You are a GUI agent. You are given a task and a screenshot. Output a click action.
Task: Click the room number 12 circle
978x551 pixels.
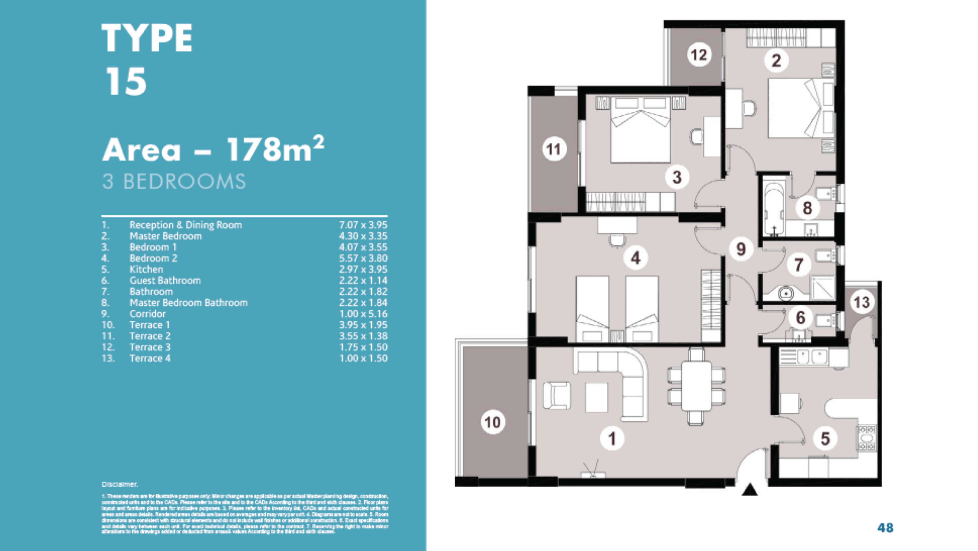coord(699,55)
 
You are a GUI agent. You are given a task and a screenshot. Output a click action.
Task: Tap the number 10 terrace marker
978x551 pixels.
coord(493,422)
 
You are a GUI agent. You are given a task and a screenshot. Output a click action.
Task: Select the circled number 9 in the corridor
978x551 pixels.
coord(741,249)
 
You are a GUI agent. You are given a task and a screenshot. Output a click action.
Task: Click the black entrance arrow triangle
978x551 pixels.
coord(749,490)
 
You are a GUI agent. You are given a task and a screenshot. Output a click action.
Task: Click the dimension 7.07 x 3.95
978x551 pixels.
coord(363,225)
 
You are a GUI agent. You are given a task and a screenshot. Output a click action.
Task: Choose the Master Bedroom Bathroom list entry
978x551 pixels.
coord(188,303)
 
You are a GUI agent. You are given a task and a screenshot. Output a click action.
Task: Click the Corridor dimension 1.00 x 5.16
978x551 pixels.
coord(363,314)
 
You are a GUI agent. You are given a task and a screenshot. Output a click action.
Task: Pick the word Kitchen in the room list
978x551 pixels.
coord(146,269)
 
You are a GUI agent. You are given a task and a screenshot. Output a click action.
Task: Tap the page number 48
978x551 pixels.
coord(885,528)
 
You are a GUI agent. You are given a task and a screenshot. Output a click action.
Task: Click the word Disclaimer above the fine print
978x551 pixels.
coord(120,484)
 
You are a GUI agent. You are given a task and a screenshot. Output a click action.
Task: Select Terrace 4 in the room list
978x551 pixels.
coord(150,358)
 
